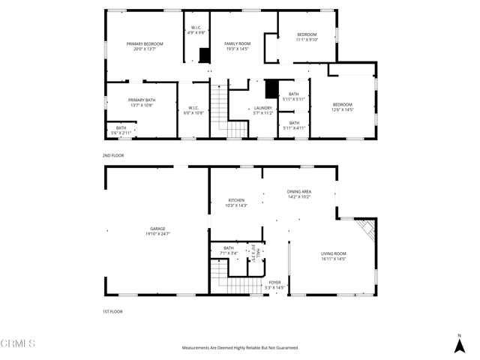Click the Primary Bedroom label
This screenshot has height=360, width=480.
pos(144,46)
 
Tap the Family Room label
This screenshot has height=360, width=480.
pos(238,46)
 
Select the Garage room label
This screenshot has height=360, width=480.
pos(157,232)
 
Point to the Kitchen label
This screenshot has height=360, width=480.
pos(237,202)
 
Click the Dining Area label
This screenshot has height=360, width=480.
pos(299,194)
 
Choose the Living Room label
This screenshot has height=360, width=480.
pos(333,256)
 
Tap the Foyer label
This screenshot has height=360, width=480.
pos(275,285)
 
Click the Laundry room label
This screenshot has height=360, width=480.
pos(262,110)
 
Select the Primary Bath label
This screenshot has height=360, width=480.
pos(141,103)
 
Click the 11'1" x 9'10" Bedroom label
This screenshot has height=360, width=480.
pos(307,37)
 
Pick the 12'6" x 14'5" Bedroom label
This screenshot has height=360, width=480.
pos(342,107)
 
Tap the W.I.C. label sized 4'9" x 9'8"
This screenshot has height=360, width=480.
pos(196,31)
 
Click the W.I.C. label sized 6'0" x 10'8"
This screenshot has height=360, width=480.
pos(193,109)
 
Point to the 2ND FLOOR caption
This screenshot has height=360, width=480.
pos(113,155)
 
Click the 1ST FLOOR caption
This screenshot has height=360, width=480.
pos(112,311)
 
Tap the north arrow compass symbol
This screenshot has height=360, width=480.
pos(459,343)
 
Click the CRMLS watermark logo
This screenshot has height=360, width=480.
pos(18,345)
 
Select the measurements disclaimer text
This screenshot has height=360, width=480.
pos(239,348)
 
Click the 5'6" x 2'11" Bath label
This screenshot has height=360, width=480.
pos(121,130)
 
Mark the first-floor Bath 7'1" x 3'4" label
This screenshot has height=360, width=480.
pos(228,250)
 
